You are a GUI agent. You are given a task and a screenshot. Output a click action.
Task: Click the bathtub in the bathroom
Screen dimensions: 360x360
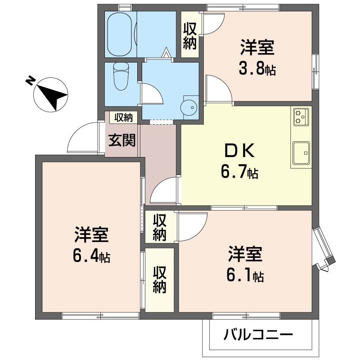click(120, 34)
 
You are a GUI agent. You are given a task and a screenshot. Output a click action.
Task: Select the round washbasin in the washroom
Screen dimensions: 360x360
click(189, 107)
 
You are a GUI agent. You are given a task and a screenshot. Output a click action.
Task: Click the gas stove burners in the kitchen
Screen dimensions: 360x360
click(301, 117)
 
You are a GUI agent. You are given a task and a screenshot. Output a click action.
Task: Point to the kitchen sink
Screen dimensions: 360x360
click(301, 153)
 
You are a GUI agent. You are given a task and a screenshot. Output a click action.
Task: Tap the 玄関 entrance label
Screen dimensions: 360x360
click(122, 140)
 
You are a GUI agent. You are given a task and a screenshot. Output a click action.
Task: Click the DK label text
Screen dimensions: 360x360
click(239, 150)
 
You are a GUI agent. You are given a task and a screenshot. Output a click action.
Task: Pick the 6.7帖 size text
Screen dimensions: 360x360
click(239, 172)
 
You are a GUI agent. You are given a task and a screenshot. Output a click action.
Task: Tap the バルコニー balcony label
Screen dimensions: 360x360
click(258, 334)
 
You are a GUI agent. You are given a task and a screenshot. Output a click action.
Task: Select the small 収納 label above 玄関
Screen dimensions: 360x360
click(123, 117)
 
